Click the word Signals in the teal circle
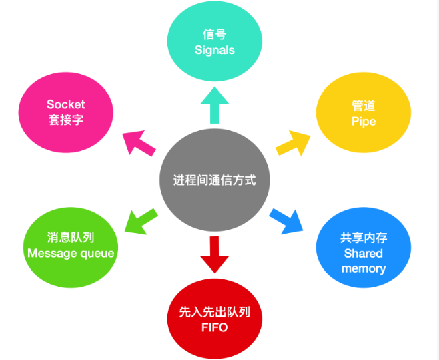[214, 50]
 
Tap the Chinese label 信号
[214, 34]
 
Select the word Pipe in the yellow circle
[364, 121]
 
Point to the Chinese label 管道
[364, 106]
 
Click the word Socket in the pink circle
[66, 104]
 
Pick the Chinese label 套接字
[66, 120]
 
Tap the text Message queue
[71, 253]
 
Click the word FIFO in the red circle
[214, 327]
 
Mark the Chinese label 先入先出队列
[214, 312]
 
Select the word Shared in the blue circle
[364, 253]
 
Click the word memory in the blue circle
[364, 268]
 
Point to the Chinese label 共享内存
[364, 238]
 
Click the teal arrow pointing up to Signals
[214, 104]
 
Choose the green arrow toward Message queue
[141, 221]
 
